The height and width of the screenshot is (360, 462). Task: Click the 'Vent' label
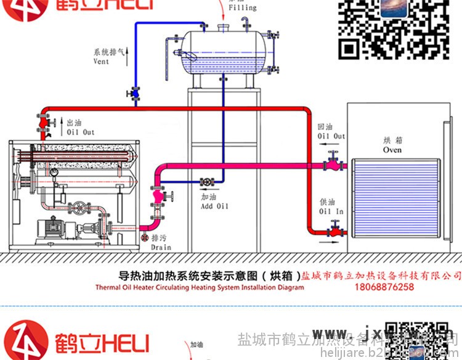pyautogui.click(x=101, y=62)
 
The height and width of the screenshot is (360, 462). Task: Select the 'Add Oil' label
pyautogui.click(x=214, y=206)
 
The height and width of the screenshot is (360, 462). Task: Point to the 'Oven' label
pyautogui.click(x=392, y=150)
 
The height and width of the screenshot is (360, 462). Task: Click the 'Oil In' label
pyautogui.click(x=331, y=211)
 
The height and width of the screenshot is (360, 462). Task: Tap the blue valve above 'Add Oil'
pyautogui.click(x=206, y=182)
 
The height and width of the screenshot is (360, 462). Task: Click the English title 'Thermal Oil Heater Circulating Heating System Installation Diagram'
pyautogui.click(x=200, y=287)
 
